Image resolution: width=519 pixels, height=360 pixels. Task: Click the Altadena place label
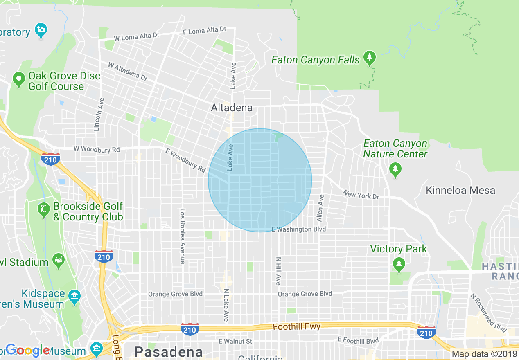pos(231,108)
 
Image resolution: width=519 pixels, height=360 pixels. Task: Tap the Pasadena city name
pos(169,352)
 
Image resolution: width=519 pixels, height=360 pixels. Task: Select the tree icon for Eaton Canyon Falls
pos(370,59)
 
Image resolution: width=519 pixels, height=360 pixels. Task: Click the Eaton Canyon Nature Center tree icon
pos(395,170)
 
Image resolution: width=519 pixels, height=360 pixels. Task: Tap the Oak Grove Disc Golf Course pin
pos(18,79)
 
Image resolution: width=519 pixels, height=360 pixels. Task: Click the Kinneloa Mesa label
pos(460,190)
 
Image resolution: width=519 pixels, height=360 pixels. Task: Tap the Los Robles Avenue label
pos(183,236)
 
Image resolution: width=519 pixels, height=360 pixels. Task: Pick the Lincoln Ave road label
pos(97,114)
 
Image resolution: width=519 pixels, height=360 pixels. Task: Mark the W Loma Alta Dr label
pos(136,37)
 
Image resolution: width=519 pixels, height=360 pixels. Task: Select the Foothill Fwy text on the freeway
pos(297,326)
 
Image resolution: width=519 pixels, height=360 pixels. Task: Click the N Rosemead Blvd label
pos(488,313)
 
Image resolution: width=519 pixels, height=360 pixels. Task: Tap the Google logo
pos(28,350)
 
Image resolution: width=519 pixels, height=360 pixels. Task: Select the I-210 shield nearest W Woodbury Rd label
pos(50,159)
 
